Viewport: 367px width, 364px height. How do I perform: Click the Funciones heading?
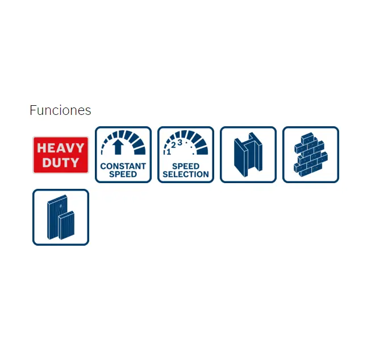pos(60,110)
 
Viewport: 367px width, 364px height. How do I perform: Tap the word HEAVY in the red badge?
pos(61,148)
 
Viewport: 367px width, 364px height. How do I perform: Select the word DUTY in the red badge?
pos(61,163)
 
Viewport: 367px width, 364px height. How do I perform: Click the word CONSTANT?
pos(123,166)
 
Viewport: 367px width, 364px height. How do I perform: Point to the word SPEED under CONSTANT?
pos(123,174)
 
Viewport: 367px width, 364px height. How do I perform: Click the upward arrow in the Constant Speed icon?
pos(118,147)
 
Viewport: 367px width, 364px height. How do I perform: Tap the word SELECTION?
pos(186,174)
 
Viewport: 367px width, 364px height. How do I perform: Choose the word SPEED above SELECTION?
pos(186,166)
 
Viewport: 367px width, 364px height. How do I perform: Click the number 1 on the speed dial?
pos(169,152)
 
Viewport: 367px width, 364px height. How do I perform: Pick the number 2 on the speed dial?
pos(173,145)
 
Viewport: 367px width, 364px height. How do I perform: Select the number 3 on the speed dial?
pos(180,142)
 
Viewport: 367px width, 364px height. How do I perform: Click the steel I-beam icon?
pos(248,155)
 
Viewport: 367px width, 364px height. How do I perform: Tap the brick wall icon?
pos(311,155)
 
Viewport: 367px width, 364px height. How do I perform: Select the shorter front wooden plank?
pos(66,225)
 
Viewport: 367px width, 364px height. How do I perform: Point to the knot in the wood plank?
pos(61,206)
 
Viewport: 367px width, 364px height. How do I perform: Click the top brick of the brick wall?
pos(307,138)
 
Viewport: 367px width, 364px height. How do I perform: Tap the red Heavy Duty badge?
pos(61,155)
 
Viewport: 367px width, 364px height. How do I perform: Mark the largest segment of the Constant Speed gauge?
pos(140,151)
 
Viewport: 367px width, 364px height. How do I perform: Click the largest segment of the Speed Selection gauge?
pos(202,151)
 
